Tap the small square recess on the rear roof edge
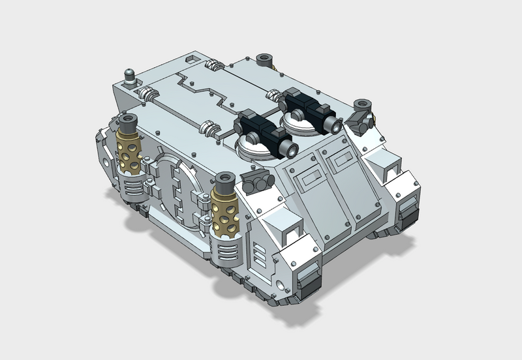coord(191,59)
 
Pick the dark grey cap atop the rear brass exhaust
coord(128,122)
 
